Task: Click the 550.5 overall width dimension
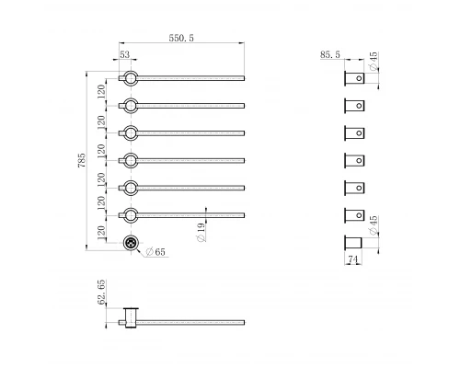(181, 38)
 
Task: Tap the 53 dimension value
(124, 54)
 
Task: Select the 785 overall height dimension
(82, 160)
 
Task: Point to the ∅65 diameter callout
(155, 252)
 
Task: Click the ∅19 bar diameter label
(201, 232)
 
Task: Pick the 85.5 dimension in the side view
(330, 54)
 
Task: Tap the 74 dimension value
(353, 259)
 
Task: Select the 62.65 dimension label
(101, 292)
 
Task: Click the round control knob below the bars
(131, 243)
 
